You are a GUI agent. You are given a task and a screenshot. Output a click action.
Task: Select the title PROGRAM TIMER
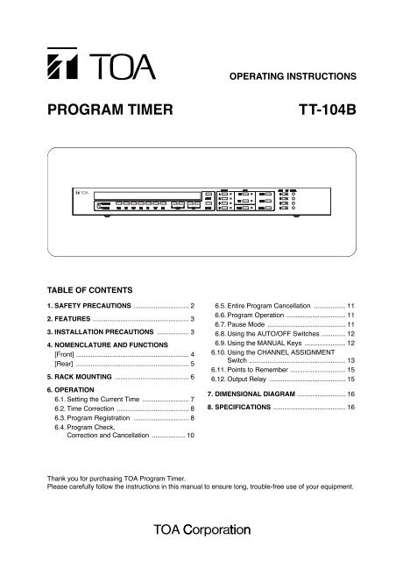pos(97,113)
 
